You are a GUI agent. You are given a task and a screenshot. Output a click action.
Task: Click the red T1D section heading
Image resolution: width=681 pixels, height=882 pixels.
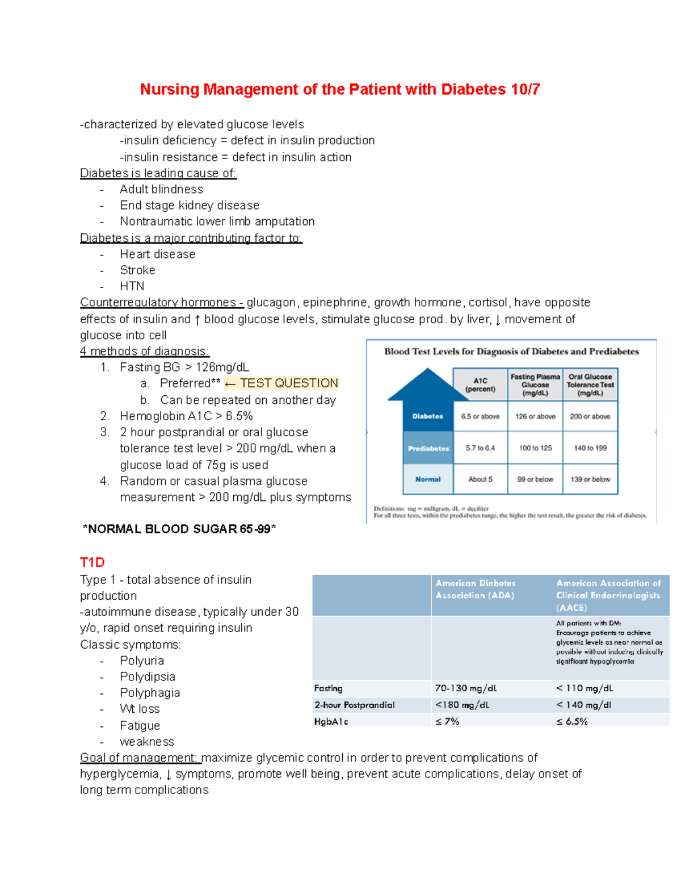pos(93,562)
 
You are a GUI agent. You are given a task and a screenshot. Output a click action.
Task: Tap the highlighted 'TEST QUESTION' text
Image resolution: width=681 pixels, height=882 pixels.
pos(289,383)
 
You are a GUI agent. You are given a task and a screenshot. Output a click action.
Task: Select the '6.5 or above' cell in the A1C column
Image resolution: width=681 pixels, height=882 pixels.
pos(480,416)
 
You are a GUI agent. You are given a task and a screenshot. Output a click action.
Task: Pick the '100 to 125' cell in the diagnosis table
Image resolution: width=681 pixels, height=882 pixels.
pos(535,448)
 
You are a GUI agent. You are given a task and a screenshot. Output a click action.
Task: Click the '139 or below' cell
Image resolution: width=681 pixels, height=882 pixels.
pos(590,479)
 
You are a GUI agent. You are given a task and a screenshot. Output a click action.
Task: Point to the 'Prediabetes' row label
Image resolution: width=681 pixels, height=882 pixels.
pos(428,448)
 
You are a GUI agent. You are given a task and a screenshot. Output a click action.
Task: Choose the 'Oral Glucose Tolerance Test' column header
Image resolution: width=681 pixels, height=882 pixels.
pos(590,384)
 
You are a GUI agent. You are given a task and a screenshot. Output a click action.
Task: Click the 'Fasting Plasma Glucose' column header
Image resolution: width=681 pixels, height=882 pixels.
pos(535,384)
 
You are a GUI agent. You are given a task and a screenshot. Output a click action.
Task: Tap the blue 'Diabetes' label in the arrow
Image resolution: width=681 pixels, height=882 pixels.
pos(428,416)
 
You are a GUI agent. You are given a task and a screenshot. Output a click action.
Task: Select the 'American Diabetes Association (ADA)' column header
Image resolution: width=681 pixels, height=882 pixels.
pos(476,590)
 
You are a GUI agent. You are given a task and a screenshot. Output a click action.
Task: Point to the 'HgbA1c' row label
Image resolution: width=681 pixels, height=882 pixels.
pos(331,721)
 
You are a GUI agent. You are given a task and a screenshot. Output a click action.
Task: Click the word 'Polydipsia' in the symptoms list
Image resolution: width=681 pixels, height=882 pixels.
pos(148,677)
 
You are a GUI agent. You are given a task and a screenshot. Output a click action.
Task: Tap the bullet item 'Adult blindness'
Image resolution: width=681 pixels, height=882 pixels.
pos(161,189)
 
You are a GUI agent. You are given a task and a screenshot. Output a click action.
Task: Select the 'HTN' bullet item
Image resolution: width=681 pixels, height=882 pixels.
pos(132,286)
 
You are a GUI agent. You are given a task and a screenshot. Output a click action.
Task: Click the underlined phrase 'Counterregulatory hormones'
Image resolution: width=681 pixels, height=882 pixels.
pos(159,302)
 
